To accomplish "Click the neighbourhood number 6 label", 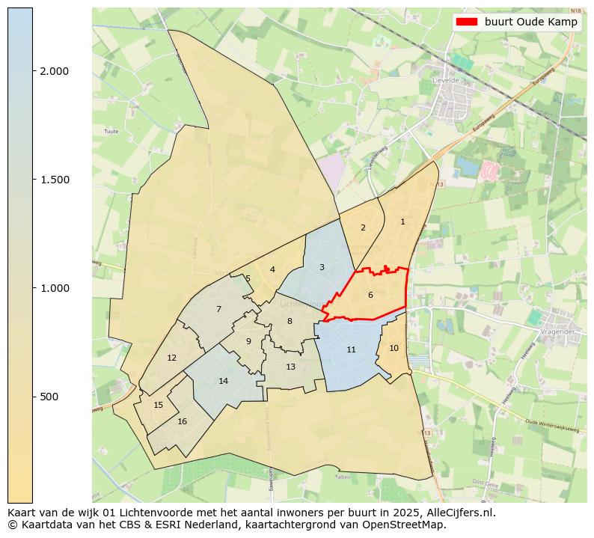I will click(x=370, y=295).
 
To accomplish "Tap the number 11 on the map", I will click(x=351, y=349).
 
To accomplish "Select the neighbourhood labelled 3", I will click(x=322, y=267).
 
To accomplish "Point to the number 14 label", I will click(x=223, y=381).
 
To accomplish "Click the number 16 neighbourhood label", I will click(x=182, y=421).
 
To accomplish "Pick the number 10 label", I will click(x=394, y=348).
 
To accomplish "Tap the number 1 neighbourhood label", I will click(x=402, y=221).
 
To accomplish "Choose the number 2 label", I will click(x=363, y=227).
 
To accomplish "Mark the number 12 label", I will click(x=171, y=358).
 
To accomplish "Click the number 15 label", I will click(x=158, y=405).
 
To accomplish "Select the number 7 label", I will click(x=218, y=309).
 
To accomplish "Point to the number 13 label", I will click(x=290, y=367).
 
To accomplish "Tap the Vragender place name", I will click(x=561, y=331).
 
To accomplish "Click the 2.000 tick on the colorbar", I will click(x=54, y=71).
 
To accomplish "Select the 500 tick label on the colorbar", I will click(x=50, y=397).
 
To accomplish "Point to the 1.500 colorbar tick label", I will click(x=54, y=180).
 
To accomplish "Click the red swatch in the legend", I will click(x=468, y=22).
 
